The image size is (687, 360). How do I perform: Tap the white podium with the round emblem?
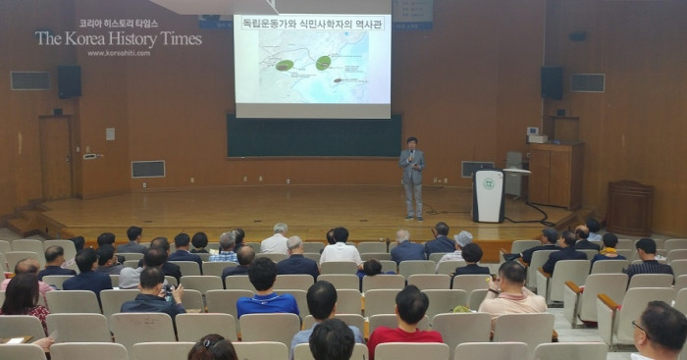tap(488, 195)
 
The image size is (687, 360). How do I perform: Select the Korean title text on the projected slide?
tap(312, 24)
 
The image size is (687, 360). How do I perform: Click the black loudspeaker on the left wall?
tap(69, 81)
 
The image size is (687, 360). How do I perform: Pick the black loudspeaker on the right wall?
tap(552, 82)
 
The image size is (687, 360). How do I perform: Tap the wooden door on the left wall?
tap(55, 157)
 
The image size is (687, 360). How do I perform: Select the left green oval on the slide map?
tap(285, 65)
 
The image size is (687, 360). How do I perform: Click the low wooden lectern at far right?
tap(630, 207)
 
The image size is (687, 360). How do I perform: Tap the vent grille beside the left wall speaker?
tap(29, 80)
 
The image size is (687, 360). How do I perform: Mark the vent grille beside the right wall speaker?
tap(588, 82)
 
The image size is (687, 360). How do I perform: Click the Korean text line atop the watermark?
tap(118, 23)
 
